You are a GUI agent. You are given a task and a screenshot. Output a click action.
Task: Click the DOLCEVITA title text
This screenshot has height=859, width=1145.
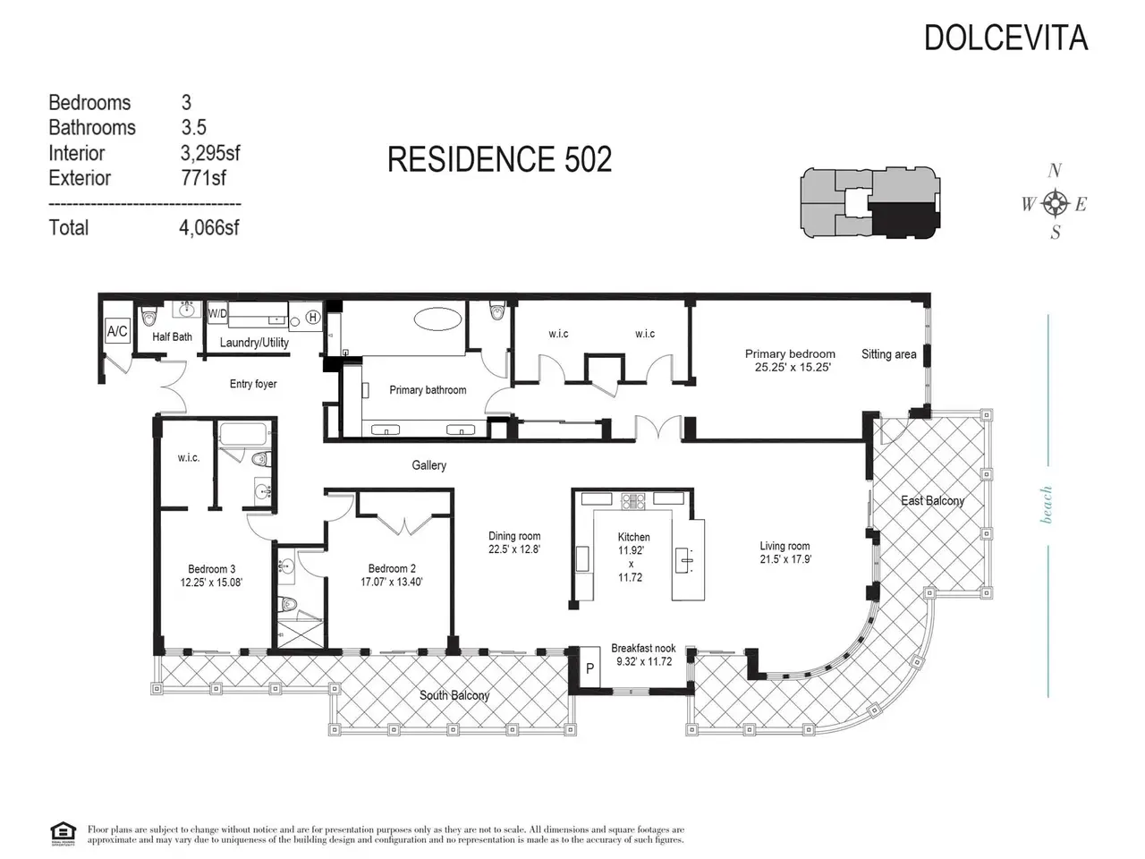(1005, 38)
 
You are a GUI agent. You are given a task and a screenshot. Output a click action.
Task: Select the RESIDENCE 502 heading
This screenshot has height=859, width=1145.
(499, 159)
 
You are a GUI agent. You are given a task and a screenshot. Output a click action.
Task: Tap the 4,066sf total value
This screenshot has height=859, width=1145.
(209, 227)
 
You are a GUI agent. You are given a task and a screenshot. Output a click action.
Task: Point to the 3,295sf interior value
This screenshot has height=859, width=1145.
(210, 153)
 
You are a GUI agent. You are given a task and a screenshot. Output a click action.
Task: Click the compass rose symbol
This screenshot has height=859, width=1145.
(1056, 202)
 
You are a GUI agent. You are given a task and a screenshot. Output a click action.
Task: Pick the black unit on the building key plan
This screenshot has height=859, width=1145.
(905, 218)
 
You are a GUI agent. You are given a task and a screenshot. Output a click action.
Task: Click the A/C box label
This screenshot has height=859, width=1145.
(117, 331)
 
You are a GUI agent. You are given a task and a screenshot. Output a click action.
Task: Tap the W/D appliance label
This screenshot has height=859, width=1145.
(217, 313)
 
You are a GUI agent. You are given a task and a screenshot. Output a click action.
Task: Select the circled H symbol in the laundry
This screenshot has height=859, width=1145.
(313, 317)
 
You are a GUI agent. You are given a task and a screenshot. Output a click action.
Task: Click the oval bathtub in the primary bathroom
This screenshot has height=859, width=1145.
(437, 319)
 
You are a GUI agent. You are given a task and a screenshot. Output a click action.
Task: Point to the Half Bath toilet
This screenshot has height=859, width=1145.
(149, 316)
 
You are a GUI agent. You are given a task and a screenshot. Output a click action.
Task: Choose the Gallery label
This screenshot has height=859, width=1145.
(428, 465)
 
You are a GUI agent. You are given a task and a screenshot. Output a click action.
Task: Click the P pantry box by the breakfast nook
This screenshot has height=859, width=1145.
(590, 668)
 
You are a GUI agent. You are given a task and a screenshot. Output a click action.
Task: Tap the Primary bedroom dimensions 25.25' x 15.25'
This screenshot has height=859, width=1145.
(793, 367)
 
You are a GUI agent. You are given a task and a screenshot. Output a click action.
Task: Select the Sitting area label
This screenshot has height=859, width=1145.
(888, 354)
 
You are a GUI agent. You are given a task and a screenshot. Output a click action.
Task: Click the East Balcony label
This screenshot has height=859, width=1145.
(932, 501)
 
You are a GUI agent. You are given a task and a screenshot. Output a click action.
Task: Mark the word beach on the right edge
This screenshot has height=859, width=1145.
(1046, 505)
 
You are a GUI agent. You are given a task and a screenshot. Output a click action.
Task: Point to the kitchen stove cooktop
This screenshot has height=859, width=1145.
(632, 501)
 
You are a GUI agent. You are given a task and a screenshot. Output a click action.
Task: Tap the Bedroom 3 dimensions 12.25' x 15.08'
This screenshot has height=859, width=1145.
(211, 583)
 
